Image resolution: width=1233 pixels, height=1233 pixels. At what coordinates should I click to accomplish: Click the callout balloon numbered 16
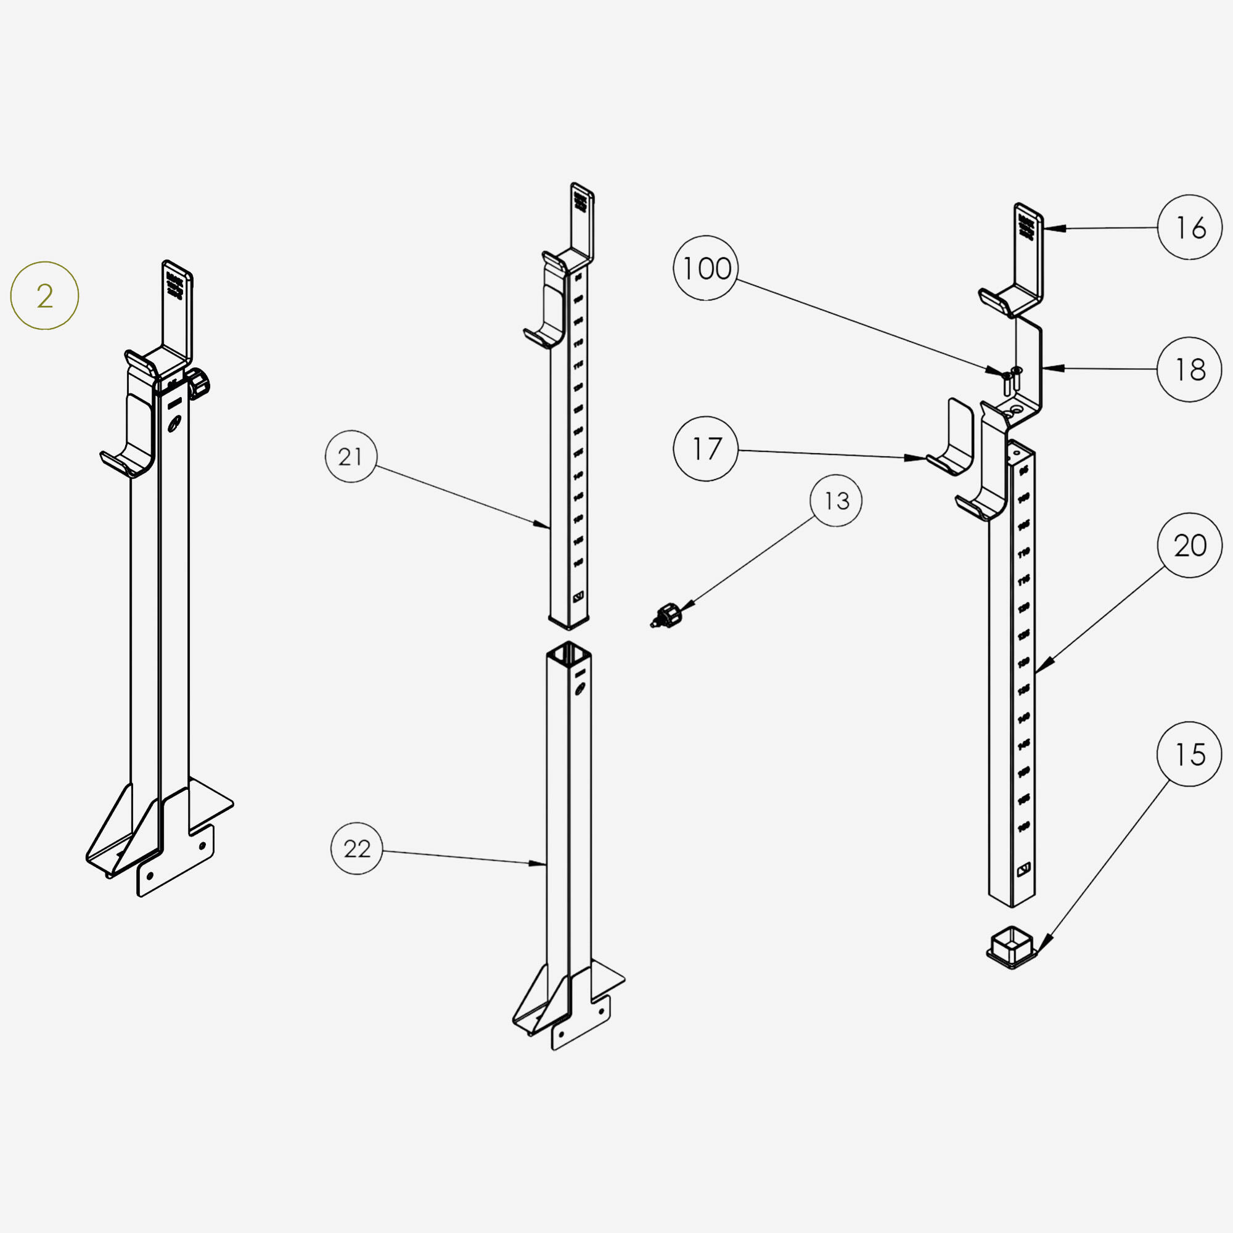click(1189, 227)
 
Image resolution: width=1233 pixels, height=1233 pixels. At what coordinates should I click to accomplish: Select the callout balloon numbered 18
click(1189, 369)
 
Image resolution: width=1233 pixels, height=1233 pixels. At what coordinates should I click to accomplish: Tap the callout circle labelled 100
click(706, 269)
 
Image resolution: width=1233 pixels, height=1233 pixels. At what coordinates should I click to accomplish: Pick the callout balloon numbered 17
click(706, 449)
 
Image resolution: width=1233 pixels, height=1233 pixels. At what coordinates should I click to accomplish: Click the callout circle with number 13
click(836, 501)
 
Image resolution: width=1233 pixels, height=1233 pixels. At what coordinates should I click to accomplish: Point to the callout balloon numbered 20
click(1189, 546)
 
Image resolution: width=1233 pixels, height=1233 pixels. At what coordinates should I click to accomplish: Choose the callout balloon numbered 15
click(1189, 755)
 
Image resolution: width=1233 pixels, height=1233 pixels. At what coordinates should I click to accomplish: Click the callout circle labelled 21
click(351, 457)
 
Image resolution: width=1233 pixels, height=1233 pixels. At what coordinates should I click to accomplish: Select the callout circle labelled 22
click(357, 849)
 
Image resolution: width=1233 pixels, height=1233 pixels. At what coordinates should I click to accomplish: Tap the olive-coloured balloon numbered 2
click(44, 296)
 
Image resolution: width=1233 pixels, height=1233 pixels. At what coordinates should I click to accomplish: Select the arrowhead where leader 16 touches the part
click(1049, 228)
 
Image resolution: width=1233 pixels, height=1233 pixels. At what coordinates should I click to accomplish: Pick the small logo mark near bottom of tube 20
click(1023, 869)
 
